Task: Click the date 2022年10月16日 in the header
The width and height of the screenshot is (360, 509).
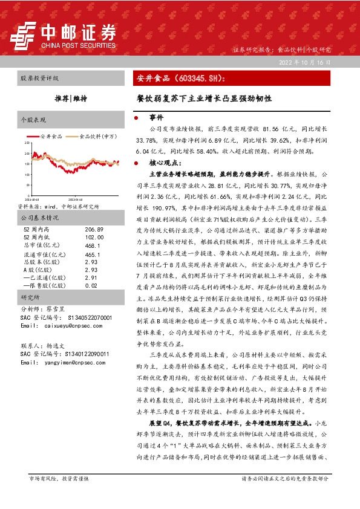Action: click(306, 62)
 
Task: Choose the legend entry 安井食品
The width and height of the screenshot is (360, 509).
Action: click(50, 137)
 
